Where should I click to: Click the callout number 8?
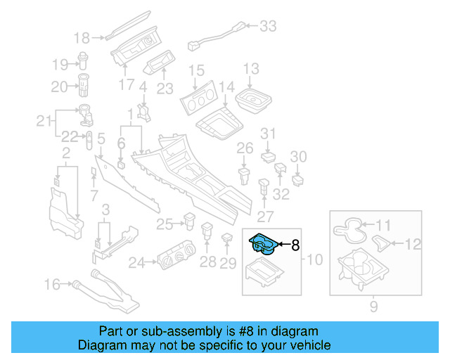pos(295,245)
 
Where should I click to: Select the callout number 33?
pos(268,27)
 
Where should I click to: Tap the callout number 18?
pos(82,37)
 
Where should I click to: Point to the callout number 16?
pos(53,284)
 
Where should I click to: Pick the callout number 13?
pos(251,69)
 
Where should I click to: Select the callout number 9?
pos(374,306)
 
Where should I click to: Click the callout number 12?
pos(413,244)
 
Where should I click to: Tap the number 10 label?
pos(314,260)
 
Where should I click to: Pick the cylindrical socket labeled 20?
pos(84,86)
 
